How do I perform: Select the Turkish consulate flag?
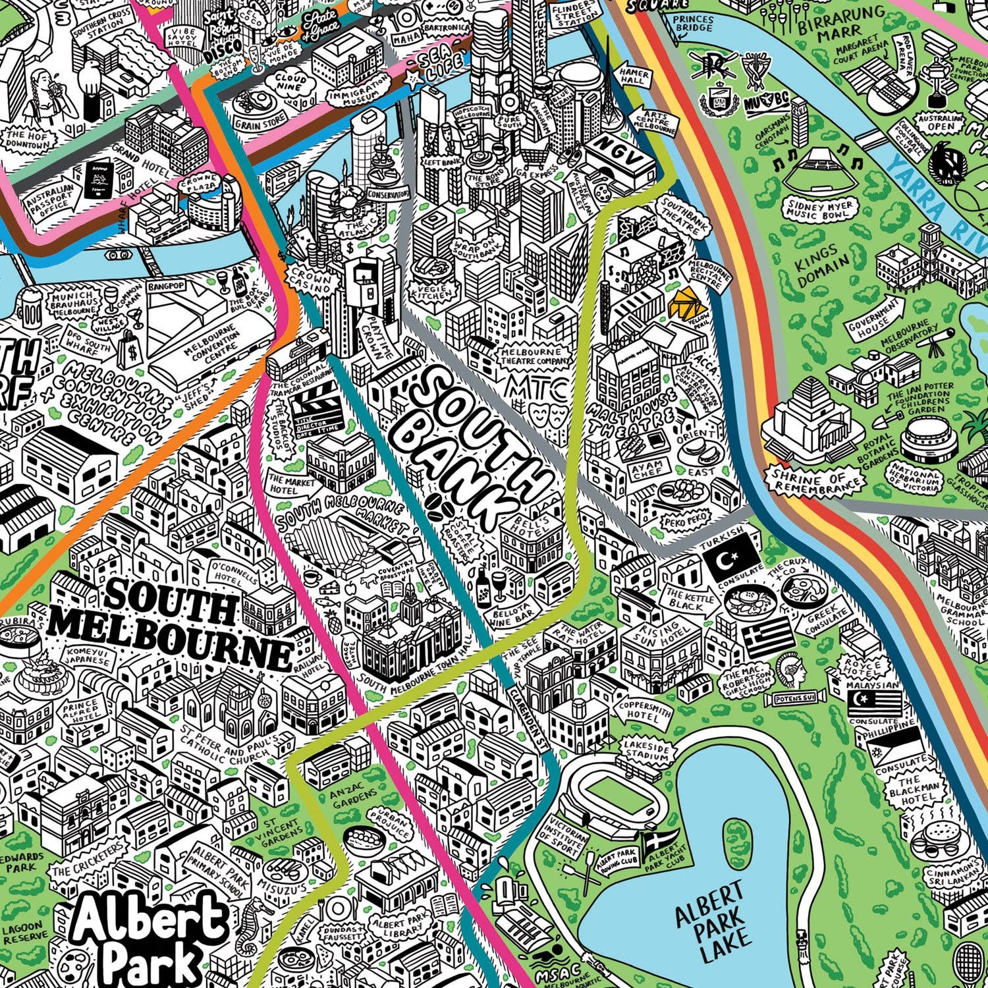tap(732, 557)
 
